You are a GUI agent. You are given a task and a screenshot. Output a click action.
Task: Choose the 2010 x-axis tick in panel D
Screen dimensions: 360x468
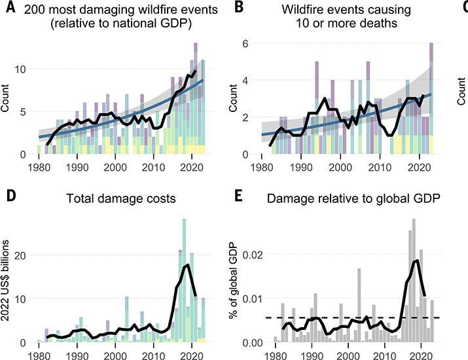[154, 353]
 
